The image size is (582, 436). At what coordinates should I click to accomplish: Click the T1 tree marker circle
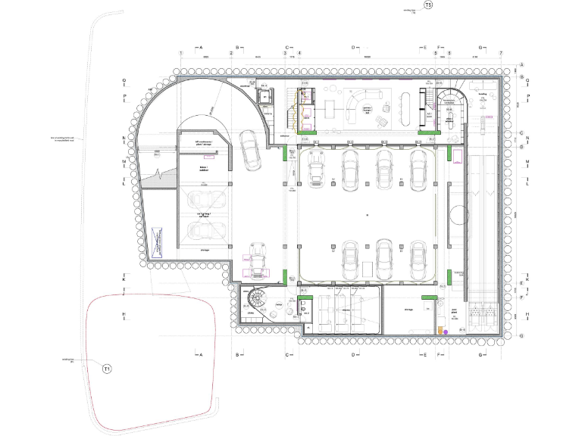click(107, 369)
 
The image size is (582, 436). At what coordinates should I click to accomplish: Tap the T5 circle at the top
click(428, 5)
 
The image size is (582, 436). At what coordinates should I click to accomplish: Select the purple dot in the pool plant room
click(446, 332)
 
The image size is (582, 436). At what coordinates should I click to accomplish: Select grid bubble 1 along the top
click(181, 53)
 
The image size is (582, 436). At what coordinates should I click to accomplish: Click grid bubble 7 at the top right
click(501, 53)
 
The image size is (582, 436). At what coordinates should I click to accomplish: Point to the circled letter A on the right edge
click(521, 64)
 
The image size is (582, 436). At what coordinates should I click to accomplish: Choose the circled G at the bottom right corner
click(521, 335)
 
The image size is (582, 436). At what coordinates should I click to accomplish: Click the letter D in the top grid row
click(353, 47)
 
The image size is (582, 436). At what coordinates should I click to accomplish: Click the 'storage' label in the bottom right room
click(408, 309)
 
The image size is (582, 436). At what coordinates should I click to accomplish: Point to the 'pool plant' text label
click(455, 310)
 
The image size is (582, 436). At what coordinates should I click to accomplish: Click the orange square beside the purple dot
click(439, 331)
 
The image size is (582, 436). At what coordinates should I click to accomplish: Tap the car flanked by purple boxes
click(259, 261)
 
